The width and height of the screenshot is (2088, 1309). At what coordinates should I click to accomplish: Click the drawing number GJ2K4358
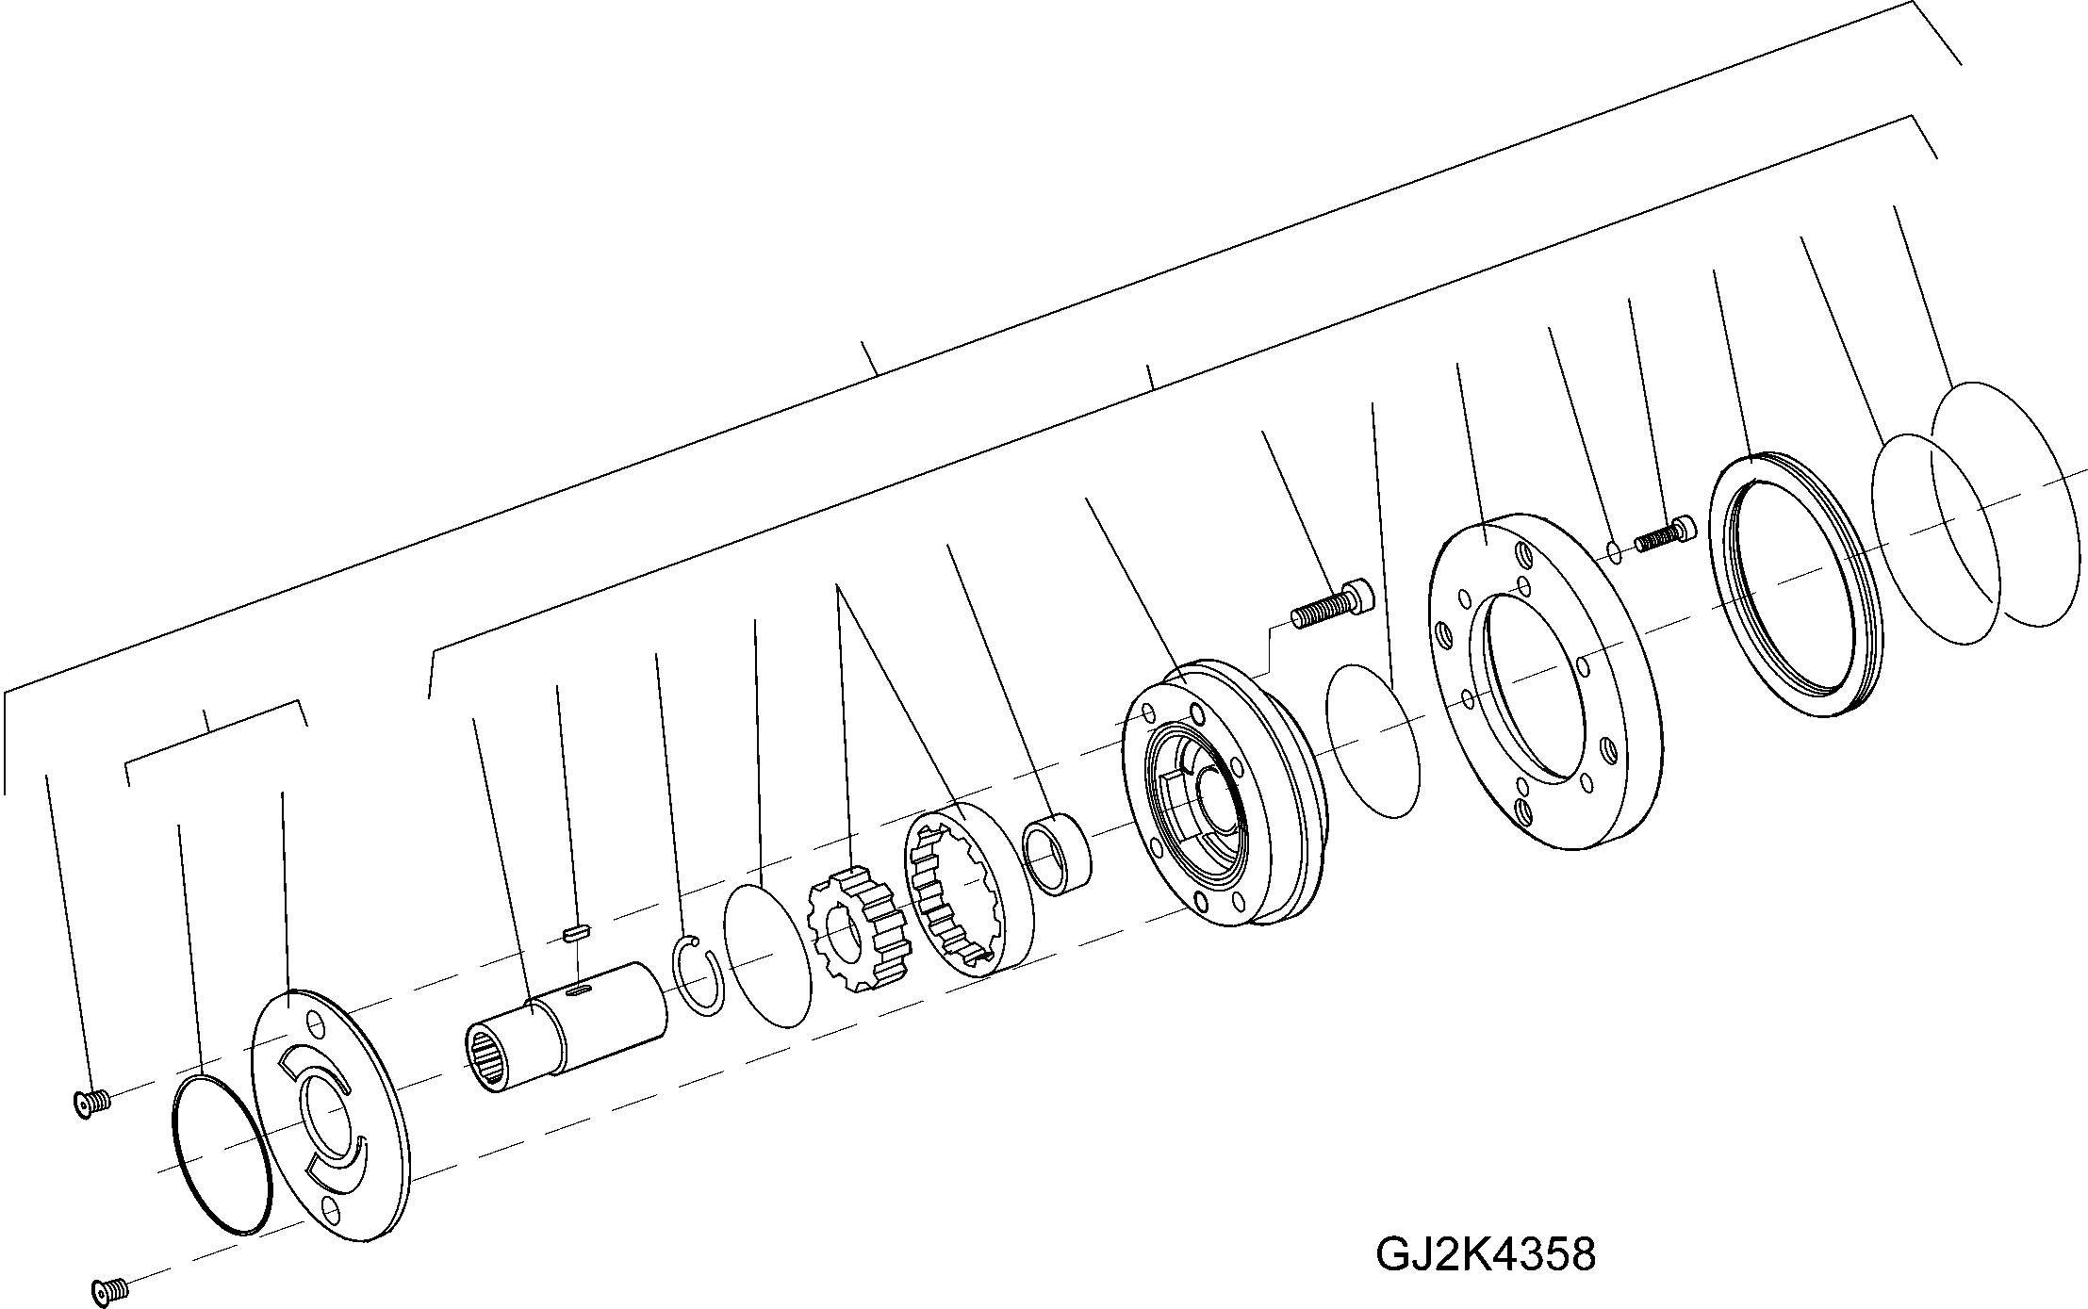pyautogui.click(x=1486, y=1253)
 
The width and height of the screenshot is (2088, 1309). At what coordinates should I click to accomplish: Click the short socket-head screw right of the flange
pyautogui.click(x=1665, y=533)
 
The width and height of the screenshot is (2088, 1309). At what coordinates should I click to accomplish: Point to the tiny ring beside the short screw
pyautogui.click(x=1615, y=551)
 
